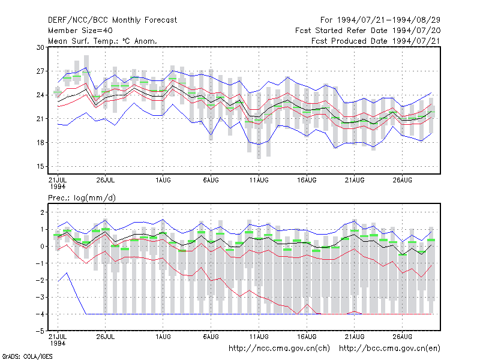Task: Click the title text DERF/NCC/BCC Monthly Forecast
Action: (x=112, y=20)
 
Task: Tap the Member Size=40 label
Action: (x=80, y=31)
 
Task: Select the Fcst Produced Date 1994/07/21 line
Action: (x=376, y=41)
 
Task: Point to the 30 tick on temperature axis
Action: (x=40, y=47)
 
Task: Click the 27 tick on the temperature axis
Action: (x=40, y=71)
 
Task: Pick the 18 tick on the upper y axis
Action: (x=40, y=143)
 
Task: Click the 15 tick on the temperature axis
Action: (x=40, y=167)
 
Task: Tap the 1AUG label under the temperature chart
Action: (x=163, y=180)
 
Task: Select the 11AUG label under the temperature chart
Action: (x=259, y=180)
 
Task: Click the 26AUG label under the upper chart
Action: (x=402, y=180)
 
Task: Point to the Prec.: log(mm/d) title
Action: (x=82, y=198)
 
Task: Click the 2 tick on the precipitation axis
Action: (x=42, y=212)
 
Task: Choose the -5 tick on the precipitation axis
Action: (x=40, y=331)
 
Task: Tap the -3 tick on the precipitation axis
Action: (x=40, y=297)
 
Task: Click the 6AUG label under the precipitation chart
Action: (x=211, y=337)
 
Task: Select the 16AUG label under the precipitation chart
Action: (x=307, y=337)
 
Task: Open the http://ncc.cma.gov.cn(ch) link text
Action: (x=279, y=349)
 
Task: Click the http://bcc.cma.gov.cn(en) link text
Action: (x=389, y=349)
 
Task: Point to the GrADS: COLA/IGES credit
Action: (x=27, y=356)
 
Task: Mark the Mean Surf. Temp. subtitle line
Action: (x=103, y=41)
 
